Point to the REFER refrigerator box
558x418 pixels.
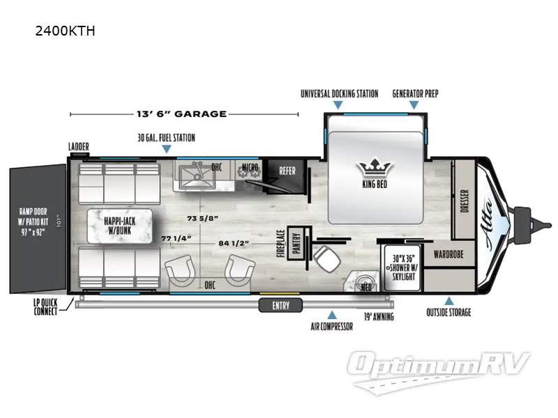click(x=287, y=171)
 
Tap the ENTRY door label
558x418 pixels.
click(x=280, y=306)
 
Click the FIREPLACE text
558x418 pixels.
click(x=280, y=245)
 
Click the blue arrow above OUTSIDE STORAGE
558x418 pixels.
click(x=449, y=301)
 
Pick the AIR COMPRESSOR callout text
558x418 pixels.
click(x=331, y=326)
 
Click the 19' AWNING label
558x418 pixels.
click(x=378, y=317)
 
